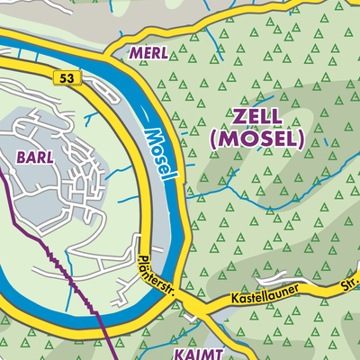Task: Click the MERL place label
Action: pyautogui.click(x=148, y=53)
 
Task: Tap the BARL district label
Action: pyautogui.click(x=33, y=155)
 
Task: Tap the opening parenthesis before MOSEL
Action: pyautogui.click(x=212, y=139)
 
